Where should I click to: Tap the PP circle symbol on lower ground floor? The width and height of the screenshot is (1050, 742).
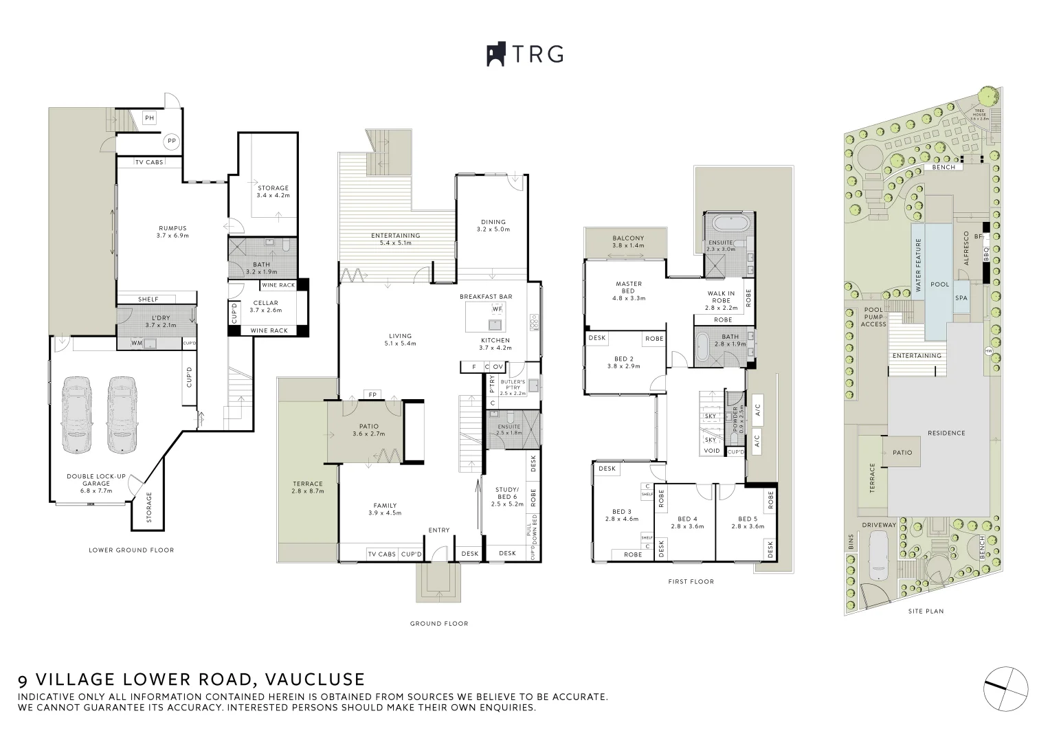point(170,142)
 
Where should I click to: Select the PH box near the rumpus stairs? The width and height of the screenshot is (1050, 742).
point(149,118)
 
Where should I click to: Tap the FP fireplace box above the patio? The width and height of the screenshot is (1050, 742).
point(372,394)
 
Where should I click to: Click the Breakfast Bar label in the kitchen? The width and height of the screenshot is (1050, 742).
point(486,297)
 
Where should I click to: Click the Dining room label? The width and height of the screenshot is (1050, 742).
point(493,225)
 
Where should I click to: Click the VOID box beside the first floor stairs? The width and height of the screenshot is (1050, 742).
point(711,451)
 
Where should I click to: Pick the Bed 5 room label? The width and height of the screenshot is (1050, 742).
point(747,522)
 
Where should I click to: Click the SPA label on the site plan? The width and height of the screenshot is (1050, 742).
point(961,298)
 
